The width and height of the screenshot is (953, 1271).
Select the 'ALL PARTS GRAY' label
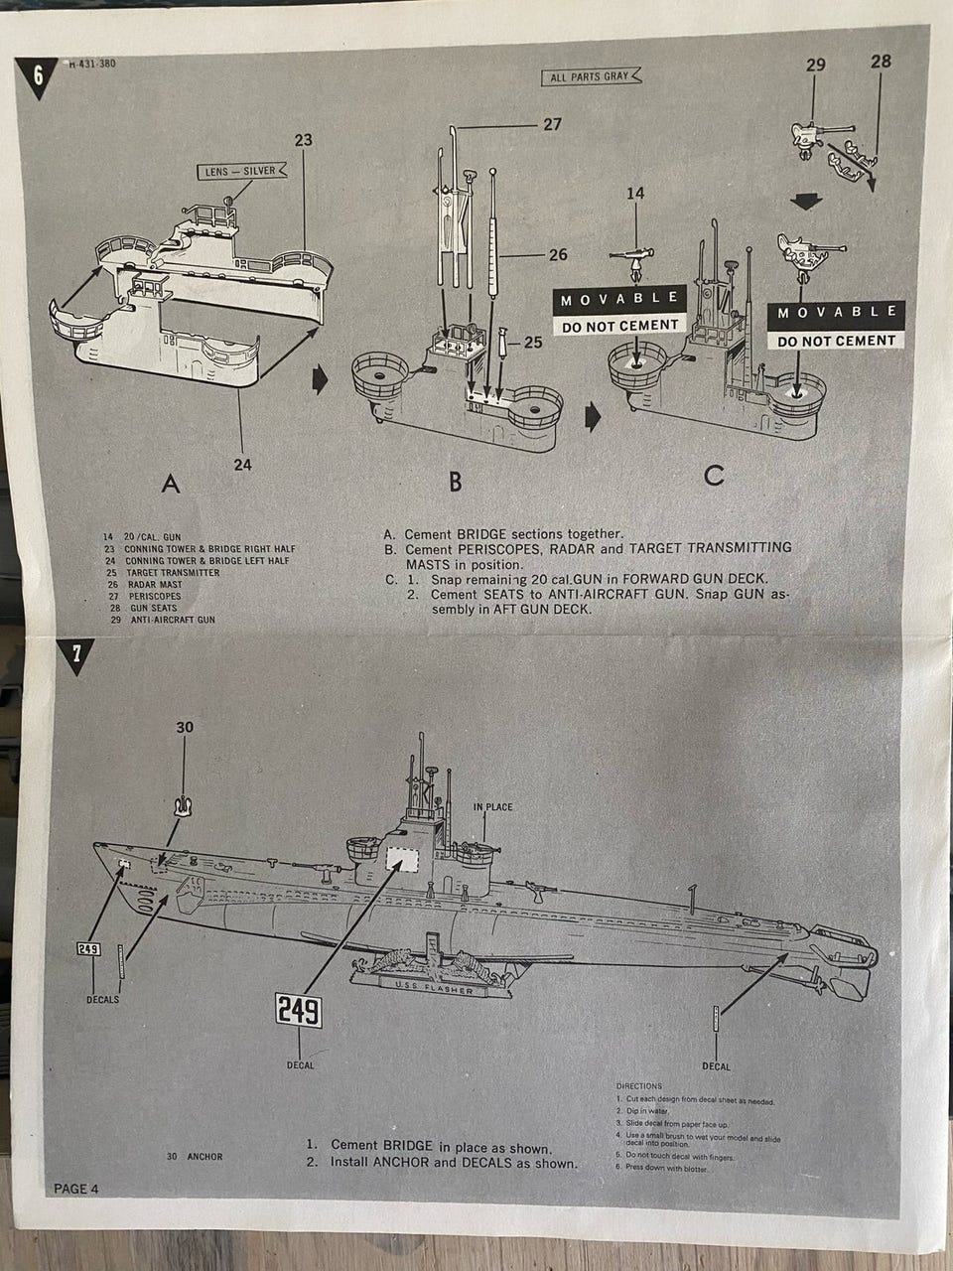(592, 76)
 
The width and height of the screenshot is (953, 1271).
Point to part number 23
(304, 140)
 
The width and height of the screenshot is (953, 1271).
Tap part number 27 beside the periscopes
(552, 125)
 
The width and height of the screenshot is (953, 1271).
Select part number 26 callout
(558, 255)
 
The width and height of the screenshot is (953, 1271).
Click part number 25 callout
(533, 344)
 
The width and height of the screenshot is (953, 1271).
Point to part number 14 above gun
(635, 194)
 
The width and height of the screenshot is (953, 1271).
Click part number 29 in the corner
(816, 65)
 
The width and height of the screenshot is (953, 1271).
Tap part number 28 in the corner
(881, 62)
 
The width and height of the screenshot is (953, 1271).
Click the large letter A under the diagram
(171, 485)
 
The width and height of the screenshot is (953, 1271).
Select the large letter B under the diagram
(455, 482)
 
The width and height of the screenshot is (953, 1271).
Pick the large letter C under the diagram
(714, 477)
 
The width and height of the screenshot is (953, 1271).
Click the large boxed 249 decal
(299, 1011)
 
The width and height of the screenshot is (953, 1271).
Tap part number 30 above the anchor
(185, 728)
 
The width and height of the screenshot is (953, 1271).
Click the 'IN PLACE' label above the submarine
(493, 807)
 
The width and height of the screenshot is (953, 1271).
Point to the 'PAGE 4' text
(76, 1189)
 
